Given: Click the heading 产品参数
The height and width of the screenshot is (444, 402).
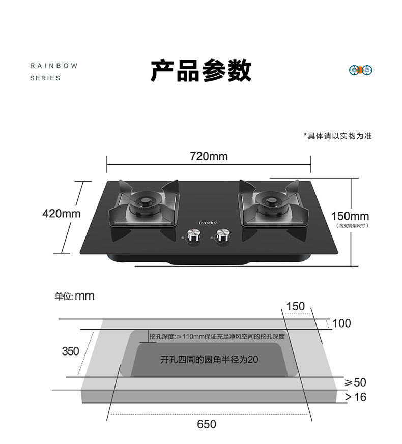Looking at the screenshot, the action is (x=200, y=70).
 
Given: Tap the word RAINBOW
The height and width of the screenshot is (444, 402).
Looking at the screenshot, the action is (x=53, y=66).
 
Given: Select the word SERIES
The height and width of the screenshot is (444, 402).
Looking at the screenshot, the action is (x=45, y=78).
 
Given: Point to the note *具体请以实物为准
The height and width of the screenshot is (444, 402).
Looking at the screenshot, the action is (x=337, y=136).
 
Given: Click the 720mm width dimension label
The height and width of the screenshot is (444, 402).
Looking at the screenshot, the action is (x=209, y=156).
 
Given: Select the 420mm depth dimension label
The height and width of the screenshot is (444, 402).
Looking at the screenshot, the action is (x=61, y=214).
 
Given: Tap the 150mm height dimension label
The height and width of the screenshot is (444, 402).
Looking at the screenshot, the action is (x=350, y=216).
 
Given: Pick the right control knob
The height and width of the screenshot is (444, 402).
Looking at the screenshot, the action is (x=222, y=236).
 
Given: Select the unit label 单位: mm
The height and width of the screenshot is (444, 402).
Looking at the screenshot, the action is (x=75, y=296).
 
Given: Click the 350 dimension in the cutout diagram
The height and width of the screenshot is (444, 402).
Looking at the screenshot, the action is (x=70, y=351).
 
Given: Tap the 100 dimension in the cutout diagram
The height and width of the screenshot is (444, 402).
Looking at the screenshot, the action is (x=341, y=323).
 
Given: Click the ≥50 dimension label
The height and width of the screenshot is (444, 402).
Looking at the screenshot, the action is (x=356, y=382).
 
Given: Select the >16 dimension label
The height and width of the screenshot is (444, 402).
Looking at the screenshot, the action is (x=356, y=397).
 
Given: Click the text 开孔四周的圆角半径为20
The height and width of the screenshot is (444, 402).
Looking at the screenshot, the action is (x=209, y=360).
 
